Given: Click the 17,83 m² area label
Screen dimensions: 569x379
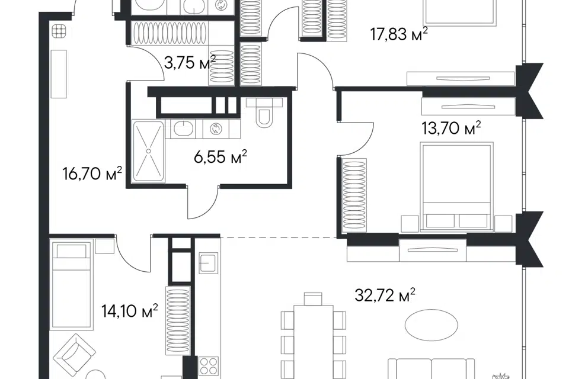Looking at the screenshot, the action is pyautogui.click(x=399, y=34).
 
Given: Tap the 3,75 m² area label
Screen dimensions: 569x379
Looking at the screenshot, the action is pyautogui.click(x=190, y=63).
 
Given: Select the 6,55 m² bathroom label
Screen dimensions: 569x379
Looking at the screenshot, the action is pyautogui.click(x=220, y=157).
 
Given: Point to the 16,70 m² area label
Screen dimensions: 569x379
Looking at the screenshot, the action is pyautogui.click(x=92, y=174).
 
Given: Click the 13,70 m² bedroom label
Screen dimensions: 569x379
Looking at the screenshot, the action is pyautogui.click(x=451, y=128).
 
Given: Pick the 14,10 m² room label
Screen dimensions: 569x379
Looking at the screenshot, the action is pyautogui.click(x=130, y=311).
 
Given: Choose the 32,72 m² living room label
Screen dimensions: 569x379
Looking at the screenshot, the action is pyautogui.click(x=385, y=296).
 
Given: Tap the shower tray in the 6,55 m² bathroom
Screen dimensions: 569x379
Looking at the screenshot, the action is pyautogui.click(x=148, y=151).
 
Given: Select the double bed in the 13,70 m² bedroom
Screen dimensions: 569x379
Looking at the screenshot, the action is pyautogui.click(x=457, y=187).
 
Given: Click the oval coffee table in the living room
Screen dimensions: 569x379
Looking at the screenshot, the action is pyautogui.click(x=431, y=325).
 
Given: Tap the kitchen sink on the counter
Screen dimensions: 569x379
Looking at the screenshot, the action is pyautogui.click(x=208, y=263).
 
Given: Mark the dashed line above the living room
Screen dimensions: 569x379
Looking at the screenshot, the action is pyautogui.click(x=279, y=237).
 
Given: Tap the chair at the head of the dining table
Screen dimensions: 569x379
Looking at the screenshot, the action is pyautogui.click(x=313, y=299).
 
